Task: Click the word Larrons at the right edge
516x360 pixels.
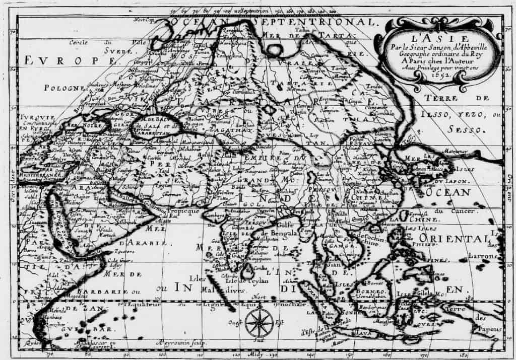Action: point(482,256)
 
